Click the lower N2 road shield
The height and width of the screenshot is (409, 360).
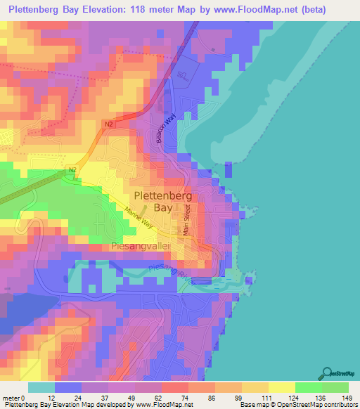coord(72,169)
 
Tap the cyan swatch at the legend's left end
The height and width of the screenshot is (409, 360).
coord(41,387)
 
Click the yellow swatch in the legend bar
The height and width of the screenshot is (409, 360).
coord(281,387)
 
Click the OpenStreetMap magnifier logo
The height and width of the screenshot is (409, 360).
coord(328,373)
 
